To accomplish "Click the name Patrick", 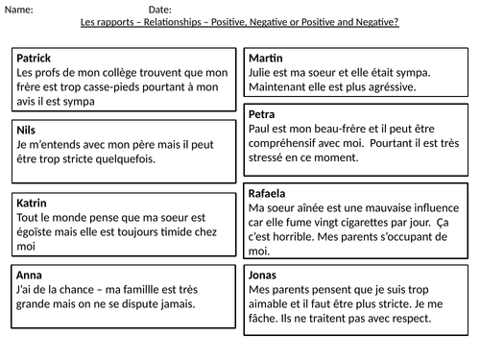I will click(35, 58).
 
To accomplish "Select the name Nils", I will click(28, 129).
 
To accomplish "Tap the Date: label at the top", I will click(162, 10).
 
